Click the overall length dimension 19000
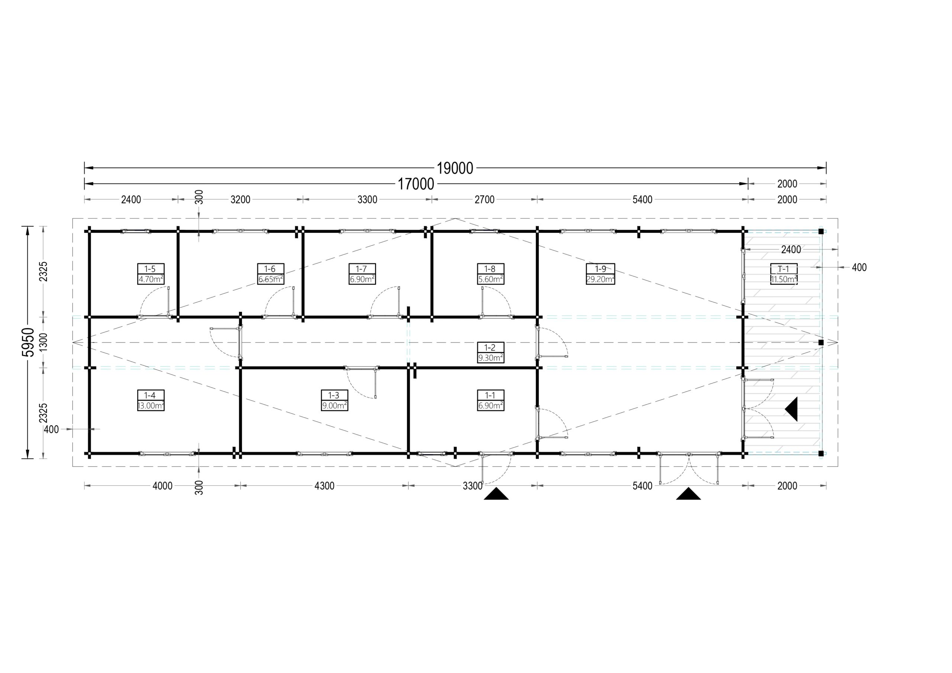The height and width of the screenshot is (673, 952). coord(455,168)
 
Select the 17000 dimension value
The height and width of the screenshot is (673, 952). coord(416,183)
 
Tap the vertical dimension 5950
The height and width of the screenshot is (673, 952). coord(28,342)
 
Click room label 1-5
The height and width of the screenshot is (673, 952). coord(151,269)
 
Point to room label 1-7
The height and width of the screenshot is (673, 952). coord(361,269)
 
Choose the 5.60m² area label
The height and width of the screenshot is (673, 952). coord(491,279)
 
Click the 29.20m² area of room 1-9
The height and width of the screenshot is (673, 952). coord(600,279)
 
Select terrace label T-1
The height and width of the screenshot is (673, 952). coord(783,269)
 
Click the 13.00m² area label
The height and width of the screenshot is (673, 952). coord(151,406)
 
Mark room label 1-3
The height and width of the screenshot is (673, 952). coord(334,395)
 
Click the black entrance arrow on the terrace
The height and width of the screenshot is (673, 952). coord(792,409)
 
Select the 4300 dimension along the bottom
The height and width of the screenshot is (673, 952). coord(324,486)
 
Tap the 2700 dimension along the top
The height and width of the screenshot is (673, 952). coord(484,199)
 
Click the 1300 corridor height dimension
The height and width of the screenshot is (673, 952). coord(44,342)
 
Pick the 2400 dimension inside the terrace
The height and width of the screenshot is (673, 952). coord(791,249)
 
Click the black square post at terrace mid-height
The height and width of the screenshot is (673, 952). coord(821,342)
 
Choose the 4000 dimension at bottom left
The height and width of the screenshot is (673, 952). coord(163,486)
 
